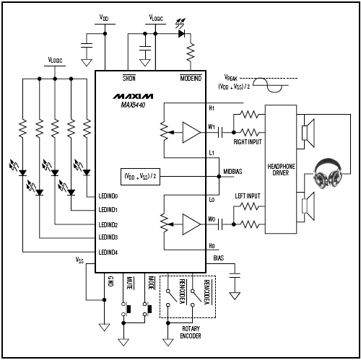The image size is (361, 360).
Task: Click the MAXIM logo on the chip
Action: click(129, 95)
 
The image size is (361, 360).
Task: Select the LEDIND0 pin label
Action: click(113, 196)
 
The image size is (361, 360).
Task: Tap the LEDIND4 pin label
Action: click(113, 251)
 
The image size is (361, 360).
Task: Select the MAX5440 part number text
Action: click(129, 105)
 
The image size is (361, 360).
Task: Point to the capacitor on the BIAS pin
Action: click(235, 276)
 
